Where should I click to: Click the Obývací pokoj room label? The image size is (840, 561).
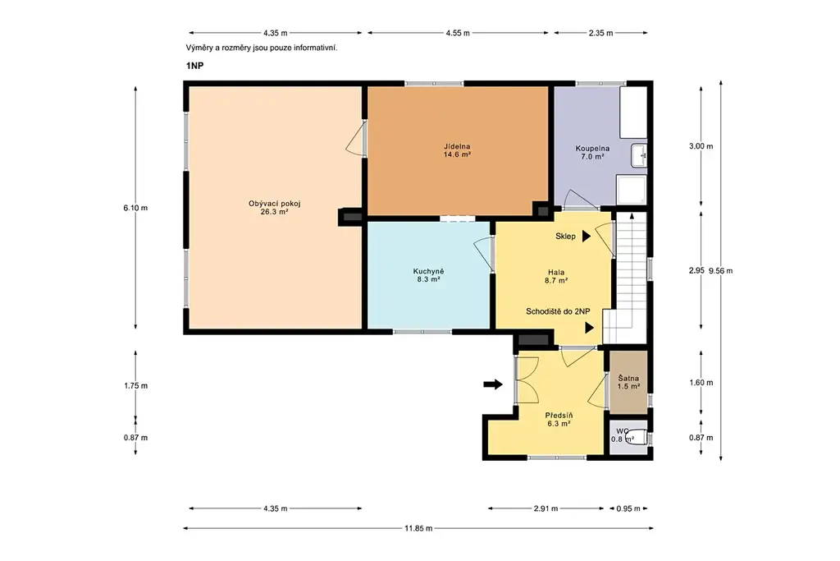coord(274,208)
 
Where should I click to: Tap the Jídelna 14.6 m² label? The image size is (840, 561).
coord(457,150)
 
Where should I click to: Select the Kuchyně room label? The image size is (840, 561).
coord(428,275)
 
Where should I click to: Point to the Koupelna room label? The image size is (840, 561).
coord(592,152)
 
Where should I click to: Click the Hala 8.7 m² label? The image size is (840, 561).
coord(556,276)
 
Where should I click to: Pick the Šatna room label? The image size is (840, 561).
coord(628,383)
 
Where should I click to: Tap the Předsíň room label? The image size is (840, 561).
coord(559,420)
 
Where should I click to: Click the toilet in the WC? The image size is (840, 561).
coord(637,437)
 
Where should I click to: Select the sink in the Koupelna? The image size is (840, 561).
coord(639,155)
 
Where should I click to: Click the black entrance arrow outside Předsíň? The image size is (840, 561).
coord(493,384)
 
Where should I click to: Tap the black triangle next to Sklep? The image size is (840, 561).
coord(586,236)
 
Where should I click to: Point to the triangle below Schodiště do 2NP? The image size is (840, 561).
coord(589,328)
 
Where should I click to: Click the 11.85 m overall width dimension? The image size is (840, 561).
coord(418,528)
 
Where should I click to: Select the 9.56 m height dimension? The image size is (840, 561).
coord(720,271)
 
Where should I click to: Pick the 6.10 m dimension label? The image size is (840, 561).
coord(135,208)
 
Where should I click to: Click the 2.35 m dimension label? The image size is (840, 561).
coord(600,33)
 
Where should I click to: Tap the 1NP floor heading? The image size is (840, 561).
coord(195,66)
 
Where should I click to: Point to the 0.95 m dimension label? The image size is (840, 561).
coord(628,508)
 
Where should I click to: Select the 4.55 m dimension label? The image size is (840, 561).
coord(458,33)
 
